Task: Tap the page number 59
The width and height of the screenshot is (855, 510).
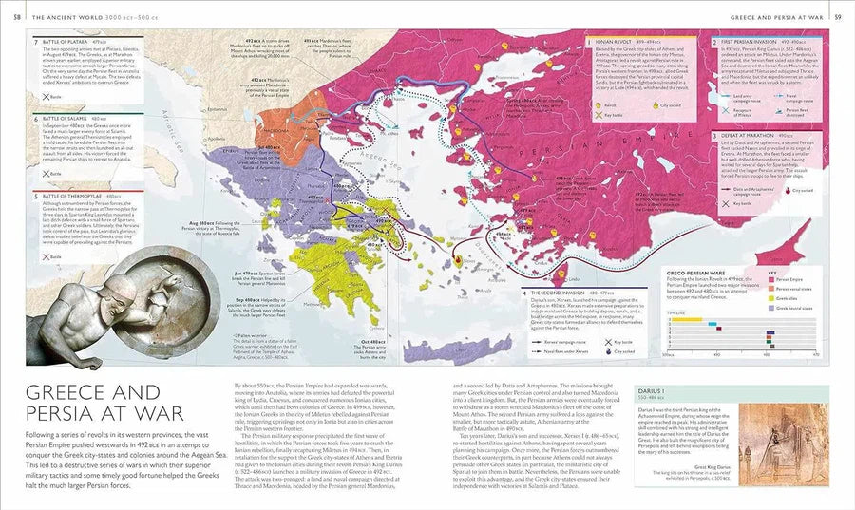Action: pyautogui.click(x=837, y=16)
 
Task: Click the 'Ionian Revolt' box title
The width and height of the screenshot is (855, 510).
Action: pyautogui.click(x=612, y=42)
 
